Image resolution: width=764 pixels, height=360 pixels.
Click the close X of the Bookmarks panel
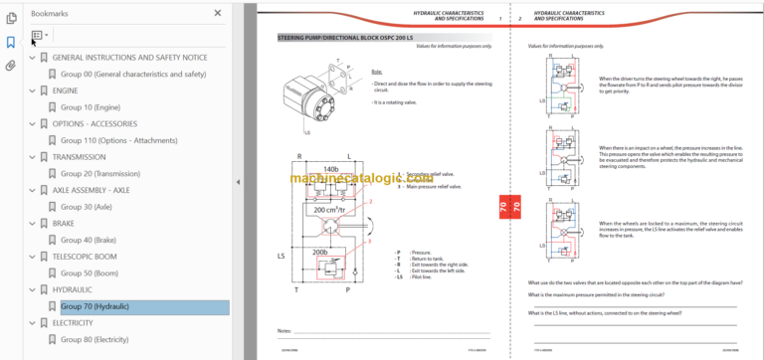218,13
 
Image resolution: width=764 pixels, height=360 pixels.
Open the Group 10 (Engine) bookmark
93,106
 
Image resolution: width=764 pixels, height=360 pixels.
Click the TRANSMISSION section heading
86,156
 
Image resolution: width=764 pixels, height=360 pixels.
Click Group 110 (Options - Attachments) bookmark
122,140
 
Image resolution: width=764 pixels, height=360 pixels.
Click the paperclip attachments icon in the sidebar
11,66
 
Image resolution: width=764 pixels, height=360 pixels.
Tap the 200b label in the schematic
320,253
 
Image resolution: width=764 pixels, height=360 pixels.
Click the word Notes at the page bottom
284,329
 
